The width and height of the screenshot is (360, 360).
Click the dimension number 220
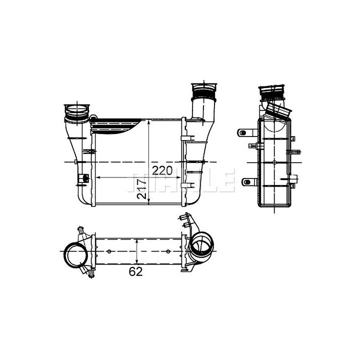(x=162, y=170)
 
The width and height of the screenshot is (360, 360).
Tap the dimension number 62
(x=135, y=271)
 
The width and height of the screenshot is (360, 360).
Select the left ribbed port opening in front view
(x=77, y=113)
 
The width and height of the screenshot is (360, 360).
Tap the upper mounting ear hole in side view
(x=243, y=132)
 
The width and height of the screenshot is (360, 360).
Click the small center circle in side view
(x=274, y=162)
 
